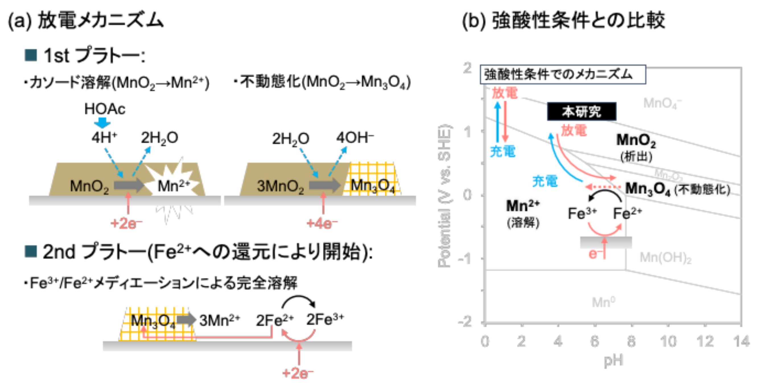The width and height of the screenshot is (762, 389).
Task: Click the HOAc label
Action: [105, 109]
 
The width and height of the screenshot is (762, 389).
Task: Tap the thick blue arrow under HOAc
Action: [102, 122]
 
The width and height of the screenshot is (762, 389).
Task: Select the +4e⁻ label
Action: [322, 224]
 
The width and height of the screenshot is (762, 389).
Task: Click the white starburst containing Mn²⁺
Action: [173, 184]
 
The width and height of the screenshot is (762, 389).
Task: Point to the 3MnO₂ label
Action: [280, 187]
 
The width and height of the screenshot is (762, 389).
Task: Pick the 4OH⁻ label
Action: [355, 138]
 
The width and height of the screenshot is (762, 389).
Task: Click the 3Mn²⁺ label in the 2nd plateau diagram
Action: [219, 321]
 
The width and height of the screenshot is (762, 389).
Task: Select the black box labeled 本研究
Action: [582, 111]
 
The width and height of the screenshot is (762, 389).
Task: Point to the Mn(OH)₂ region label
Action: [665, 258]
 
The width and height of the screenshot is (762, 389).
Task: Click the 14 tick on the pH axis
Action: [741, 341]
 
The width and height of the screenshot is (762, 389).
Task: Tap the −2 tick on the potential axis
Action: [465, 322]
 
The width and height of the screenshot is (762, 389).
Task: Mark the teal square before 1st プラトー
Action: [30, 55]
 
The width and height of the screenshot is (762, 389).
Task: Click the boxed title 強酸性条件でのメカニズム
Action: [562, 74]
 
